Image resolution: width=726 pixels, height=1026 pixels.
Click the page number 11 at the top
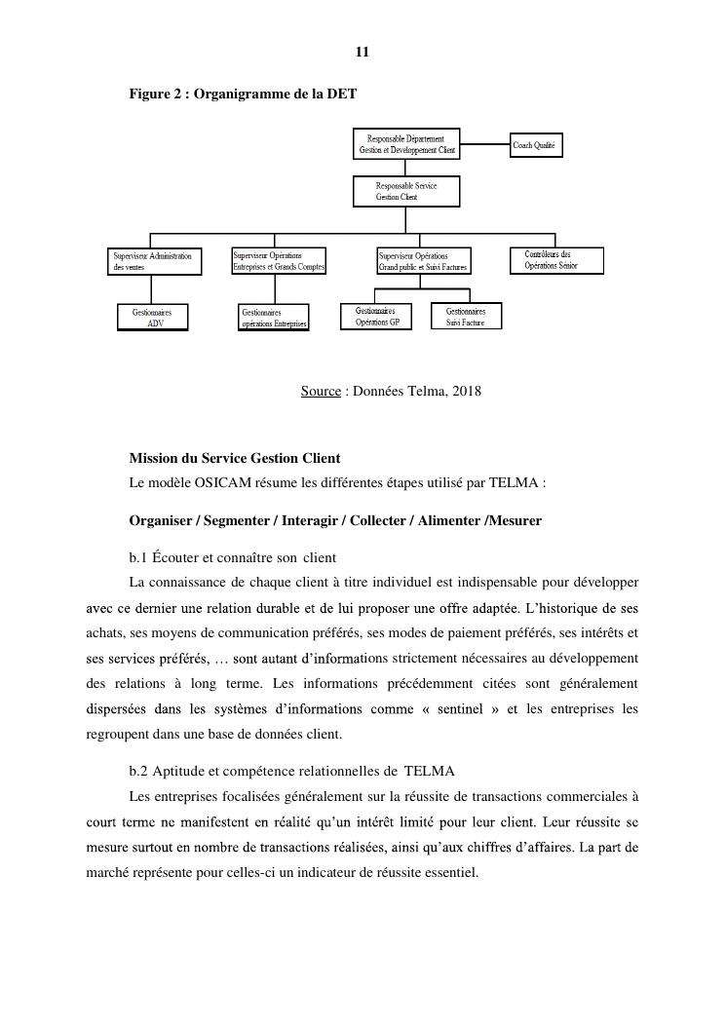[x=363, y=53]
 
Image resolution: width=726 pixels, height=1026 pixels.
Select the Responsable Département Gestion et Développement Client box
[x=405, y=144]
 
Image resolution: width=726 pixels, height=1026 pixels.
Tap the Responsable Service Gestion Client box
[x=405, y=191]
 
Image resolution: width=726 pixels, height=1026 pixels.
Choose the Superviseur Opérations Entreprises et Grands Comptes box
[x=279, y=261]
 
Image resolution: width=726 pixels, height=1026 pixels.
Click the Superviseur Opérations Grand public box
[x=424, y=261]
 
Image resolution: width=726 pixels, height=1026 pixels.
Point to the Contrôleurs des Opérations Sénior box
[x=556, y=260]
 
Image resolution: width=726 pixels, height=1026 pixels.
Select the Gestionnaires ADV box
[x=152, y=318]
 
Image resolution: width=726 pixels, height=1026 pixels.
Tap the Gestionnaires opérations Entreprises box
[x=274, y=318]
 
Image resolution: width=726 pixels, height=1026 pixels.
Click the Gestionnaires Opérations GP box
[x=376, y=316]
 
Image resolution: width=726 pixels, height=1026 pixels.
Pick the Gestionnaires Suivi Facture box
[x=466, y=316]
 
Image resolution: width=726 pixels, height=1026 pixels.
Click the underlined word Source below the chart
[x=321, y=392]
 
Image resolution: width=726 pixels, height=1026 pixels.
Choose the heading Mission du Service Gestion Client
[x=234, y=458]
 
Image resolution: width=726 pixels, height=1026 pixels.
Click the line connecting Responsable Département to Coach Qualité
[x=484, y=146]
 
